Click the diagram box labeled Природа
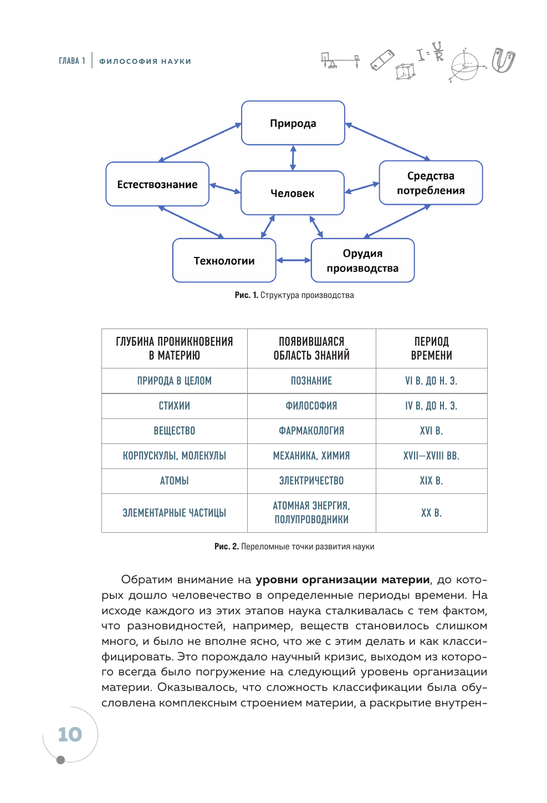click(x=293, y=123)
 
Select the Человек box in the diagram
click(x=293, y=193)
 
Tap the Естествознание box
click(x=157, y=184)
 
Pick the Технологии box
click(x=224, y=261)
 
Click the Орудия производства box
click(x=362, y=261)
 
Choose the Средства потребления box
click(x=431, y=183)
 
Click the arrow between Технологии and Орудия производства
click(x=293, y=260)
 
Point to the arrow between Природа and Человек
click(x=293, y=158)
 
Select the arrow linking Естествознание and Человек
click(x=225, y=189)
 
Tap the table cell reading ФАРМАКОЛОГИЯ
click(x=311, y=431)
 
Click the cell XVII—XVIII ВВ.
click(x=431, y=456)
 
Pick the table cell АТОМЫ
click(x=175, y=481)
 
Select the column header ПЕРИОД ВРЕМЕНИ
click(x=431, y=349)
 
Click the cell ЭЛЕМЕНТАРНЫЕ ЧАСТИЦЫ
click(x=175, y=513)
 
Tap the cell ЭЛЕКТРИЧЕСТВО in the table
click(x=311, y=481)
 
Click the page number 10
click(x=70, y=735)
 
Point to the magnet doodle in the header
click(x=503, y=60)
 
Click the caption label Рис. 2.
click(x=226, y=547)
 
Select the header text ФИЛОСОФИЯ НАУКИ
click(x=145, y=62)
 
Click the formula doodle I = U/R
click(x=431, y=53)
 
